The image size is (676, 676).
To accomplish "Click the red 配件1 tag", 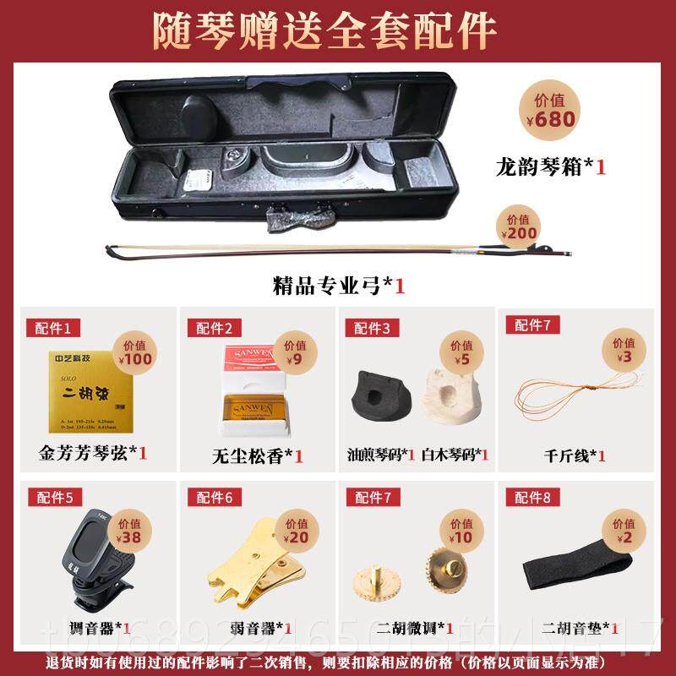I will point(55,327).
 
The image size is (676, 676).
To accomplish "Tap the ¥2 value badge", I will point(624,531).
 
